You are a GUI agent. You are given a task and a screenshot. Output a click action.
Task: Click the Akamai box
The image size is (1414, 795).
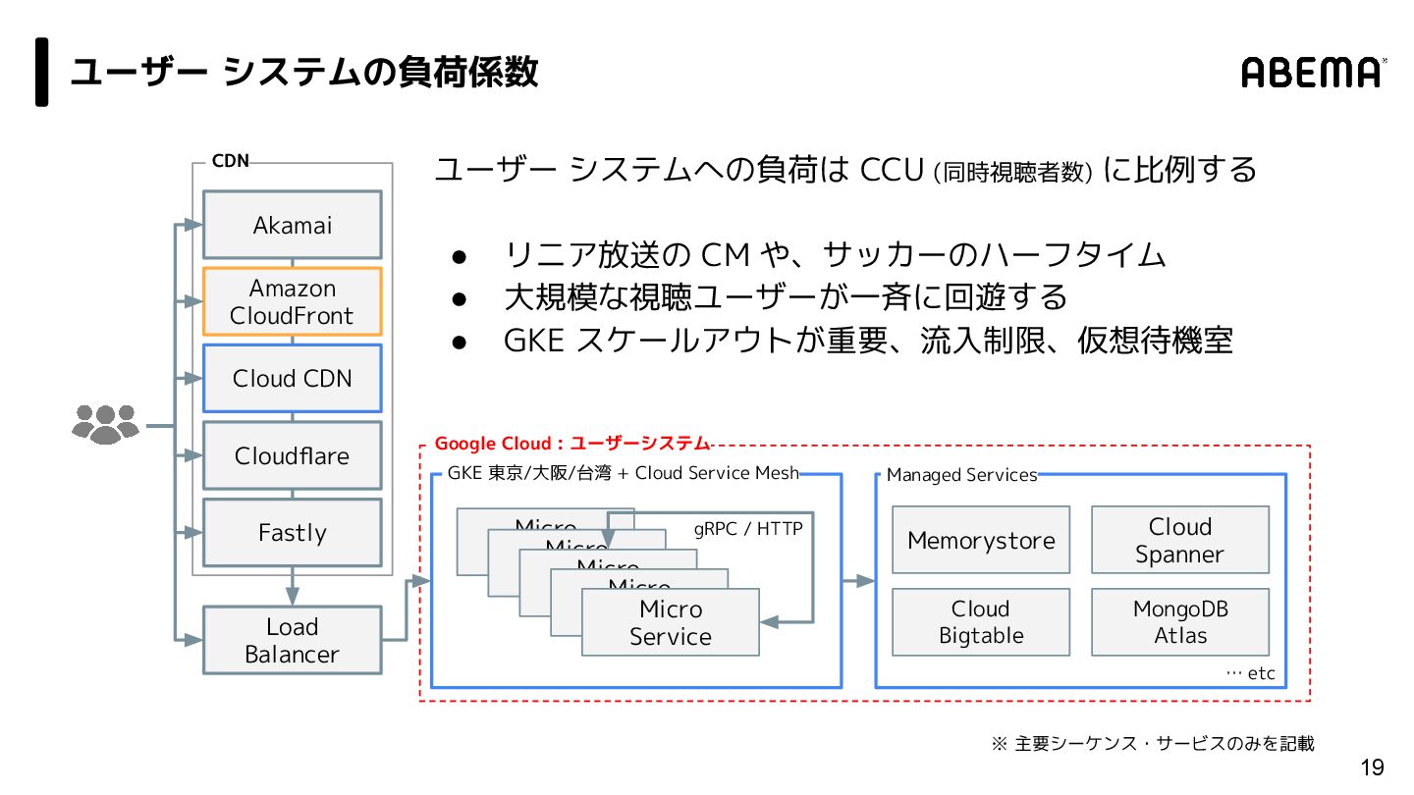pos(293,225)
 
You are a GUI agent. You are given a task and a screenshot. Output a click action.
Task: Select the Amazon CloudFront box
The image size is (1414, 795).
pos(293,301)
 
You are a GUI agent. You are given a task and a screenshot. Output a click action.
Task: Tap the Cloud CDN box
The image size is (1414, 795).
pos(293,379)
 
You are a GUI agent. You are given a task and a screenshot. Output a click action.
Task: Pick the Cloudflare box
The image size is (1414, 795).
pos(293,455)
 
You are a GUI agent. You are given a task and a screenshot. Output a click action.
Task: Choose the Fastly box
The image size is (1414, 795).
pos(293,533)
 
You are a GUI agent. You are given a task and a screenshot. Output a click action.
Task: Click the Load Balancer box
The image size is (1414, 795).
pos(293,640)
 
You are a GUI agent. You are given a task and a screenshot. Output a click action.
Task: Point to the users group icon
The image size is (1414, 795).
pos(105,424)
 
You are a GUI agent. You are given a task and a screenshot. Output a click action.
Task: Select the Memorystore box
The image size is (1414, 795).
pos(981,540)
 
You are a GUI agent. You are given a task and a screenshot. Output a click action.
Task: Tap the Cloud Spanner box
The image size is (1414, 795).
pos(1180,540)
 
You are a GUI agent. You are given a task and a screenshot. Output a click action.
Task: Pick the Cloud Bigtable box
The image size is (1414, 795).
pos(981,622)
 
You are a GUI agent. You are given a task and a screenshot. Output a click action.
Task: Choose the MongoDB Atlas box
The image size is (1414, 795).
pos(1180,622)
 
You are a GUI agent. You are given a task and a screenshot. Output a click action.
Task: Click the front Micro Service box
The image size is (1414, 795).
pos(671,622)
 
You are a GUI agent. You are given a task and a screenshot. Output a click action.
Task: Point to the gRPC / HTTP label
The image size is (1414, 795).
pos(748,529)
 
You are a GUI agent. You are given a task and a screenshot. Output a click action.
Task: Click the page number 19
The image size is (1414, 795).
pos(1372,768)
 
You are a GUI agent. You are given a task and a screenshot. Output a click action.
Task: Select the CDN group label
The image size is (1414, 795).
pos(231,161)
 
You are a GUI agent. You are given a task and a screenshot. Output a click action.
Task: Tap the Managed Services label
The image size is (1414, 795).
pos(961,475)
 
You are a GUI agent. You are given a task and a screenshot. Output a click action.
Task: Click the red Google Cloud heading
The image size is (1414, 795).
pos(572,444)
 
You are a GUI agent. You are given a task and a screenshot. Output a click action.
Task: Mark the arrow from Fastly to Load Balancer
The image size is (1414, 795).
pos(293,586)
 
